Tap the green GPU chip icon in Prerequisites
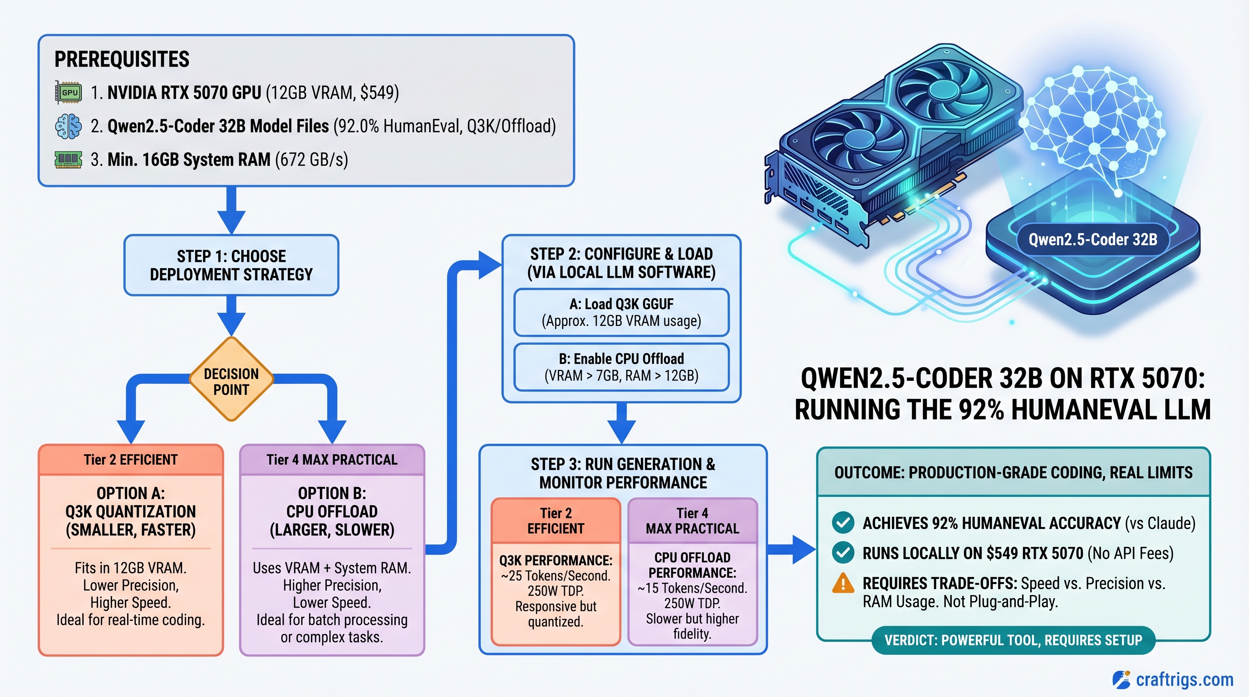point(69,92)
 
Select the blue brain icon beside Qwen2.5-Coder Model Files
point(68,126)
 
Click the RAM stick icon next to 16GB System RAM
point(68,159)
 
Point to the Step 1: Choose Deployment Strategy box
point(231,265)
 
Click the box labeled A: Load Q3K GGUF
point(621,312)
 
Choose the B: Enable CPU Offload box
point(621,367)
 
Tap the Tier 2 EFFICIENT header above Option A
point(131,460)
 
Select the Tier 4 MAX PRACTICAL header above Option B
point(332,460)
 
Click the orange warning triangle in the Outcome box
point(843,583)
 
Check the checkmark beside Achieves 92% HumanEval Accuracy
point(843,522)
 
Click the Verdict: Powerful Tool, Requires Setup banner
point(1013,640)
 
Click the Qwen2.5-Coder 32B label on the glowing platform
point(1092,240)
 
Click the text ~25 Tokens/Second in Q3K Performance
point(556,576)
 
